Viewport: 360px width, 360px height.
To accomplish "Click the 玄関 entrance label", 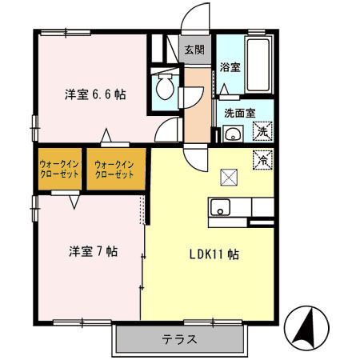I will [194, 50].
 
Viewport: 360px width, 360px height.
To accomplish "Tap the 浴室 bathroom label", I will [230, 68].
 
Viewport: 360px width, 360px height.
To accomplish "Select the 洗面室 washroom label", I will [238, 113].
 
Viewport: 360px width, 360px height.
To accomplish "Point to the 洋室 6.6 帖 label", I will [95, 94].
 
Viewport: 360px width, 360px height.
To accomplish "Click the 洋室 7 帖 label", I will [92, 250].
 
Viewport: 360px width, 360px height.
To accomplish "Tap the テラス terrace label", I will [180, 338].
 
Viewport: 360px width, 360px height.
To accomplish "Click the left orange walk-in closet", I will [59, 169].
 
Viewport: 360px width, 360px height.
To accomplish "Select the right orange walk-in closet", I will [114, 169].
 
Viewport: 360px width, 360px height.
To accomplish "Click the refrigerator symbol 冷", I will [263, 158].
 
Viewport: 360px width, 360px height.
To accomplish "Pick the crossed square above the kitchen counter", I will [229, 174].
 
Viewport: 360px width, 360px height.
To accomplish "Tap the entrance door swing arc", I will [192, 18].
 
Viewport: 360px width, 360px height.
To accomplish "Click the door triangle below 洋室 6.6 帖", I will [105, 135].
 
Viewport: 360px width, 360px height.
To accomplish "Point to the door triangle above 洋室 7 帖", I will [74, 202].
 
